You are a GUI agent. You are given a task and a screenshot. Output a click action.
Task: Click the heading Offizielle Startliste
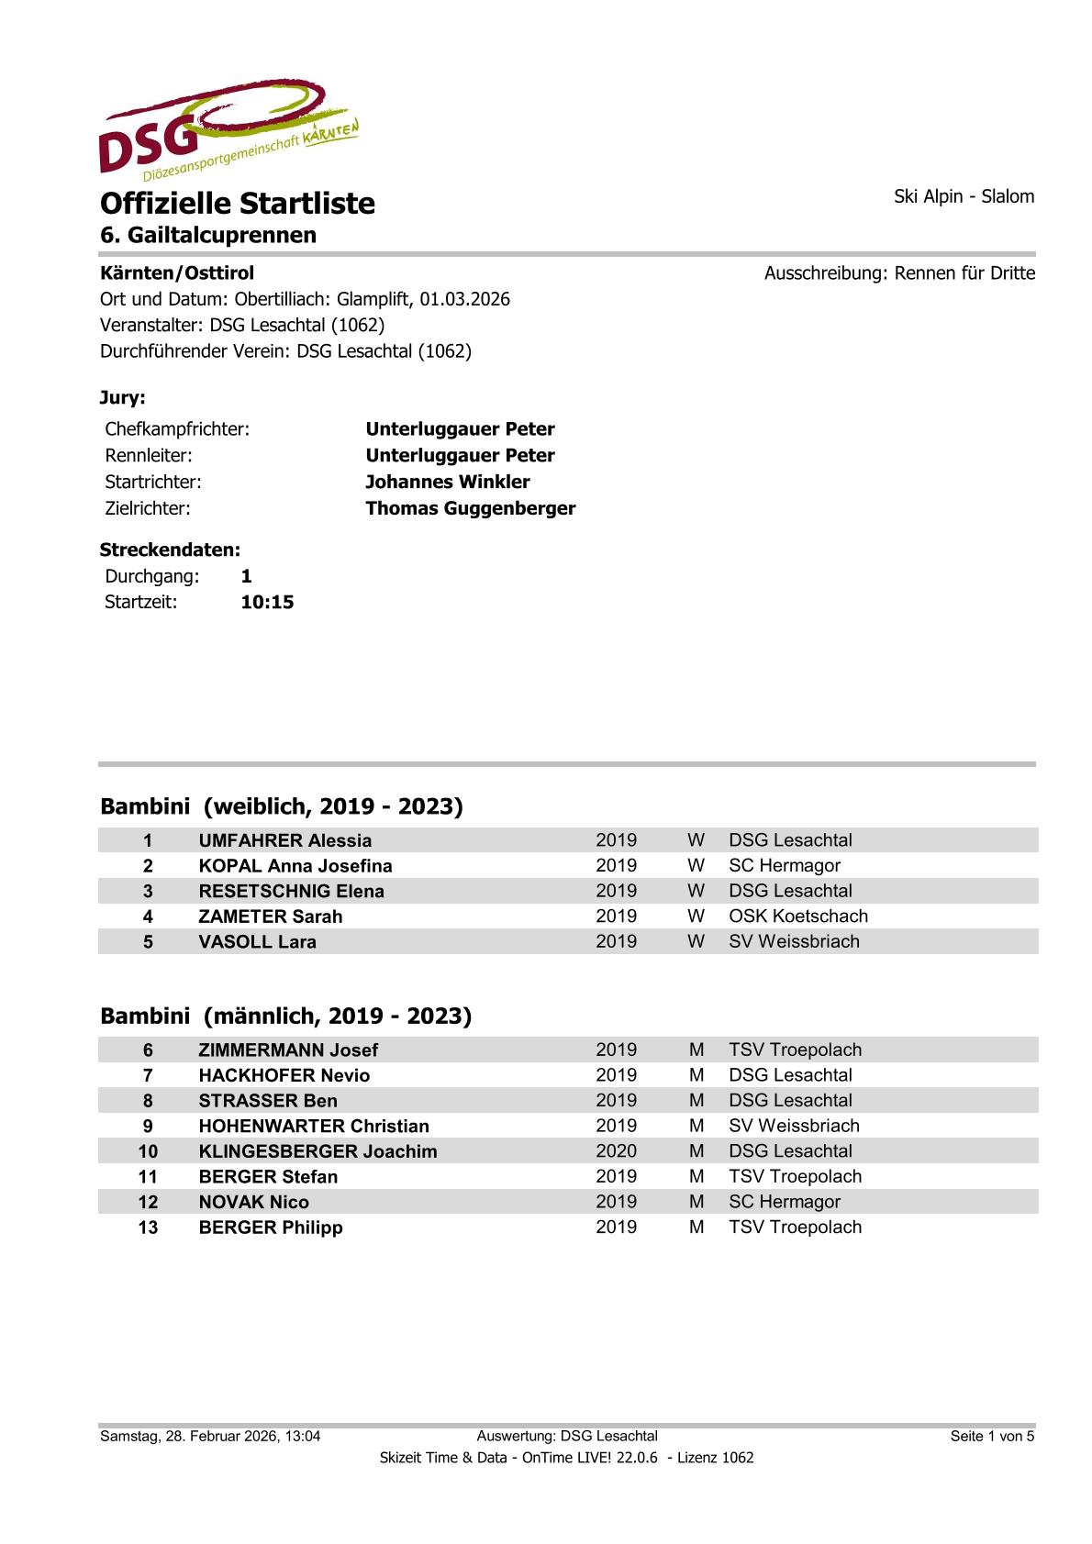[x=238, y=203]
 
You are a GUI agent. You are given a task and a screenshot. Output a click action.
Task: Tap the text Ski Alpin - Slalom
[x=964, y=196]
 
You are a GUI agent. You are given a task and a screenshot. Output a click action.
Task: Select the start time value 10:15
[x=267, y=602]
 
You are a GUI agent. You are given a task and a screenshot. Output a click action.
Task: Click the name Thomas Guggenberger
[x=470, y=508]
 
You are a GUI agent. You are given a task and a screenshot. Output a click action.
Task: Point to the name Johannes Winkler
[x=447, y=482]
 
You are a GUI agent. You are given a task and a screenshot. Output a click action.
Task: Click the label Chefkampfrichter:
[x=177, y=429]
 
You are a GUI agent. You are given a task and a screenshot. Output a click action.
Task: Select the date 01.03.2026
[x=464, y=299]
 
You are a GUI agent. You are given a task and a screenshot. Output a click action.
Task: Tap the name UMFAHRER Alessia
[x=285, y=840]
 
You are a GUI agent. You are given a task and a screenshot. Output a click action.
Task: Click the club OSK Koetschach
[x=797, y=916]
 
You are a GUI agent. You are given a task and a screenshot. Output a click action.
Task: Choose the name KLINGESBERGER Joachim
[x=318, y=1151]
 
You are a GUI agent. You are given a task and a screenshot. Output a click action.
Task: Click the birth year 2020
[x=616, y=1151]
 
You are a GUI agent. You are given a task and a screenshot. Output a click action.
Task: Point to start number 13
[x=148, y=1227]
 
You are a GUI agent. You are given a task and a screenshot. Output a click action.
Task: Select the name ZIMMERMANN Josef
[x=288, y=1050]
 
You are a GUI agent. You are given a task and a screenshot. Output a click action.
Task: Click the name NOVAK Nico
[x=254, y=1202]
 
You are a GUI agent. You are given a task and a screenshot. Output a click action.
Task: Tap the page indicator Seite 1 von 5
[x=992, y=1436]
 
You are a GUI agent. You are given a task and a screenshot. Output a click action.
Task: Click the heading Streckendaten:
[x=170, y=550]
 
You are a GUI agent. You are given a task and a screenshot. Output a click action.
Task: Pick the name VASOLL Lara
[x=257, y=941]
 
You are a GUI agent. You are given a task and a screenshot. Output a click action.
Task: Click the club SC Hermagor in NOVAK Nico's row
[x=784, y=1202]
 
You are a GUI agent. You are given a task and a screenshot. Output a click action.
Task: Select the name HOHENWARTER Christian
[x=314, y=1126]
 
